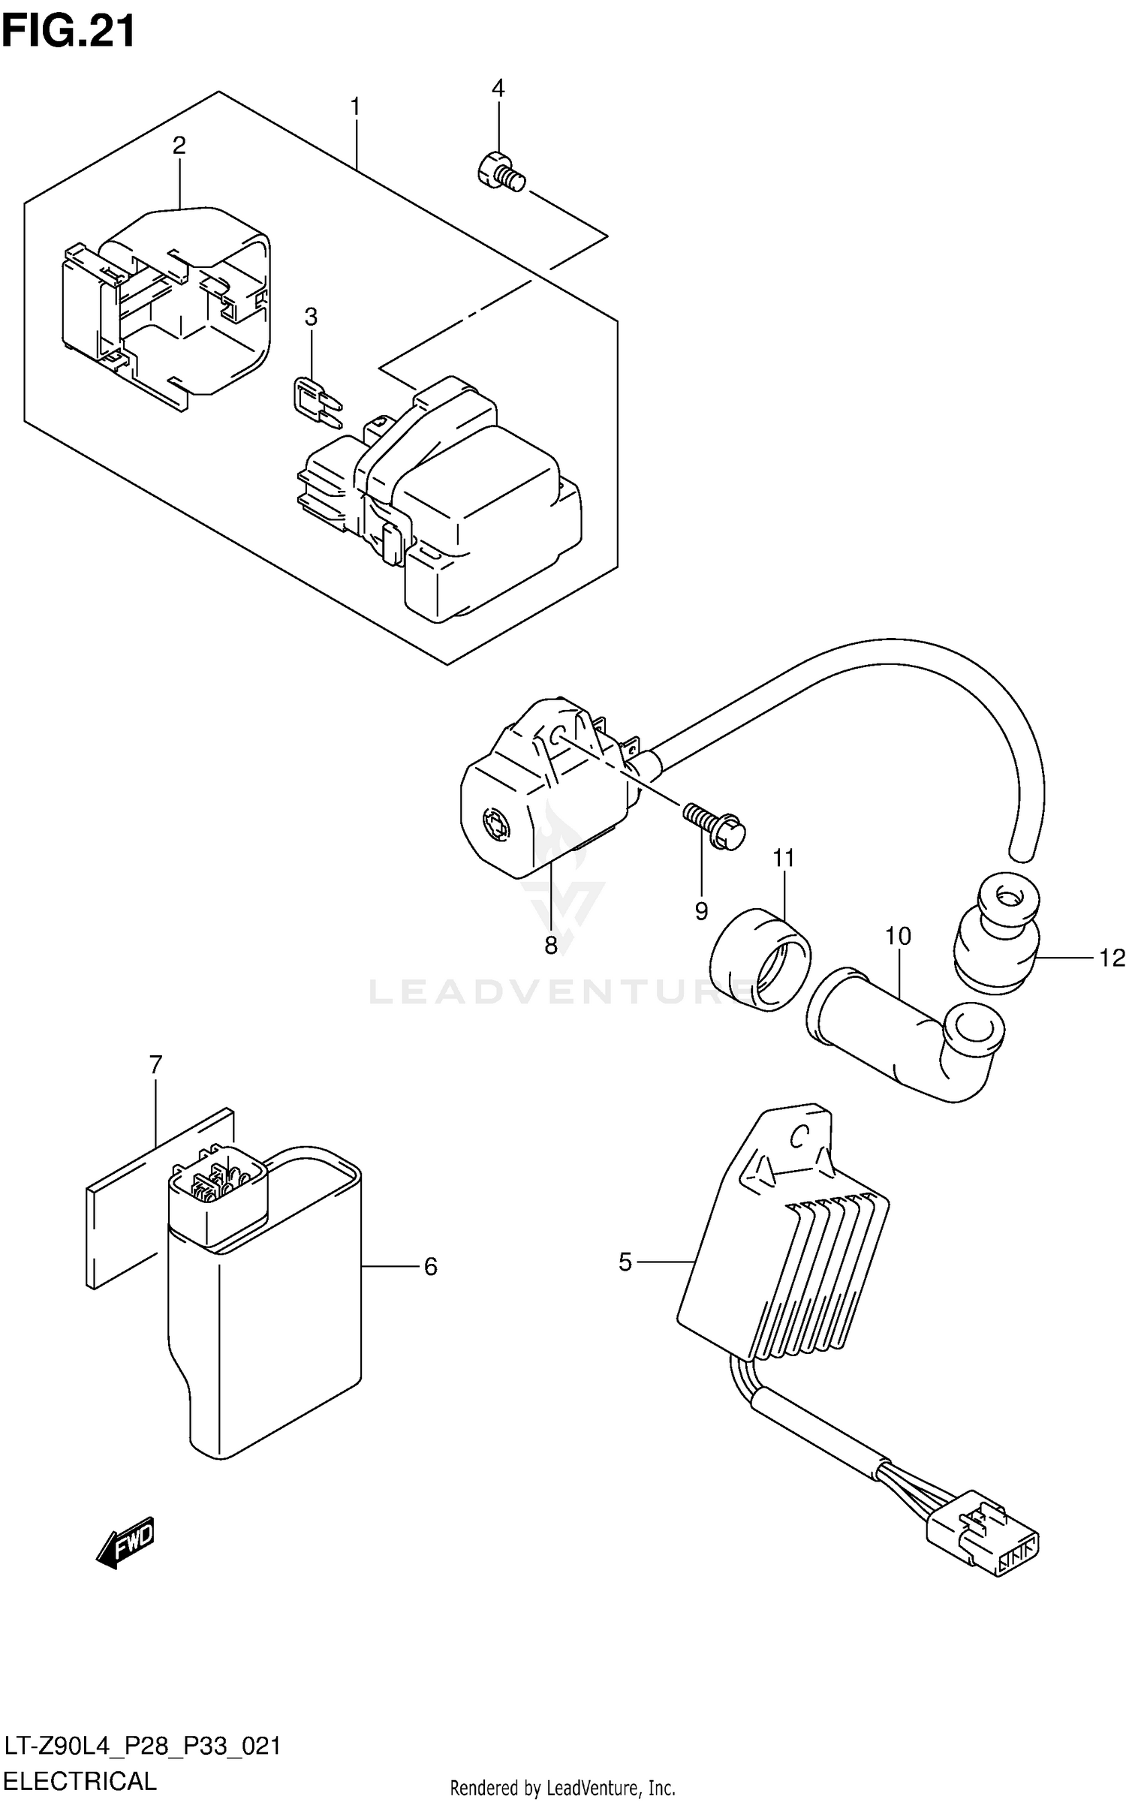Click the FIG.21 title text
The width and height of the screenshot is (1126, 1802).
click(x=69, y=32)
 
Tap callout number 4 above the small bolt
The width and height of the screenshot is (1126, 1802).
click(x=498, y=89)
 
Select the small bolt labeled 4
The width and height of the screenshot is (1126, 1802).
click(x=500, y=173)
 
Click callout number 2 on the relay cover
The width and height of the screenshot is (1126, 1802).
click(x=179, y=146)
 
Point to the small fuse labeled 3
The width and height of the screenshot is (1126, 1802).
click(x=315, y=400)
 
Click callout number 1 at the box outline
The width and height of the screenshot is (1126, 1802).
click(x=355, y=107)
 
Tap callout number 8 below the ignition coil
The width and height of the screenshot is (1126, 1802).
click(x=551, y=946)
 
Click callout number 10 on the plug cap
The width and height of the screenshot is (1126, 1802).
click(x=898, y=936)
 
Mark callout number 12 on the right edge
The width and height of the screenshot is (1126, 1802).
click(x=1112, y=958)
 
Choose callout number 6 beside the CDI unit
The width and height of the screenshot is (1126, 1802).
click(x=430, y=1267)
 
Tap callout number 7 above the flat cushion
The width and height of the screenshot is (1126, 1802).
click(x=155, y=1064)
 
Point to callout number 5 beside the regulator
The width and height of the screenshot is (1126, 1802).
click(x=625, y=1262)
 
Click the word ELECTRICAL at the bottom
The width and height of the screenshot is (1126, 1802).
click(x=80, y=1781)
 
